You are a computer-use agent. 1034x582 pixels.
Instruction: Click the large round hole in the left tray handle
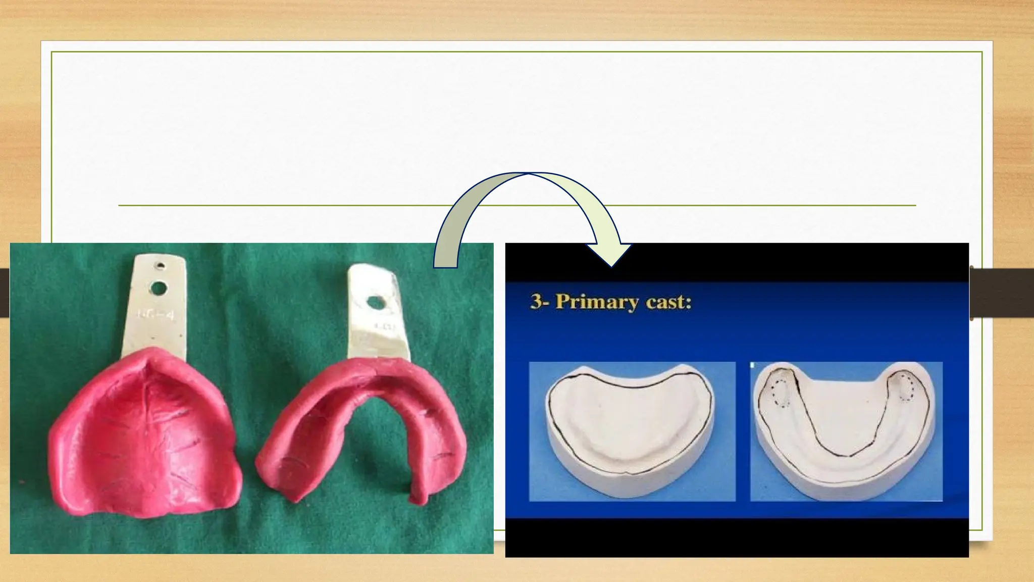(159, 288)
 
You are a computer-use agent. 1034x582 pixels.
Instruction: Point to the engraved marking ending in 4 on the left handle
(156, 316)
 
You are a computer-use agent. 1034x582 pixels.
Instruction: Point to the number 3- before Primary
(540, 302)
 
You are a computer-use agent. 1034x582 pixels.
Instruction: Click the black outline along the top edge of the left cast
(631, 385)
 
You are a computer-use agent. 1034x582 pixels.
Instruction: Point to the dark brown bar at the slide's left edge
(5, 293)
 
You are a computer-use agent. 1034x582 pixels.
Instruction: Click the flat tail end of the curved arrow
(445, 262)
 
